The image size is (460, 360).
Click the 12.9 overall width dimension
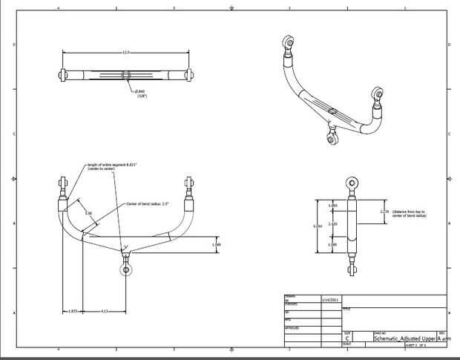click(126, 52)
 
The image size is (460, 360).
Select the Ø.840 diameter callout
click(140, 92)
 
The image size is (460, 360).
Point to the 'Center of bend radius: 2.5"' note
click(148, 203)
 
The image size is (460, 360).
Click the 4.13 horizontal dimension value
click(105, 311)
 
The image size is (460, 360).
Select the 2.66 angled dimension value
click(88, 213)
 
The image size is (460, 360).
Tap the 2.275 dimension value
click(384, 212)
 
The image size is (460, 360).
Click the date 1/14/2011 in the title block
click(331, 300)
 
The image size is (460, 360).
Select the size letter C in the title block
click(347, 338)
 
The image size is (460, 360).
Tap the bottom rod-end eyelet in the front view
click(127, 269)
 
